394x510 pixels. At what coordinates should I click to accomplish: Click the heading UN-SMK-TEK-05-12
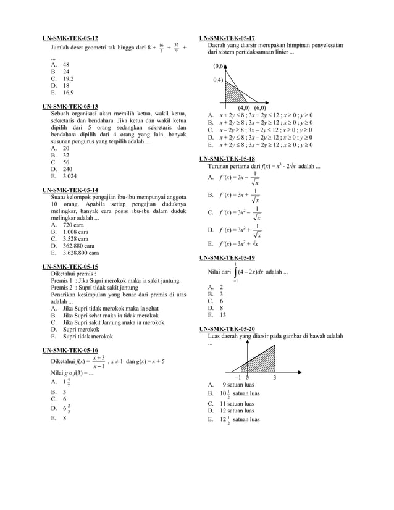[70, 38]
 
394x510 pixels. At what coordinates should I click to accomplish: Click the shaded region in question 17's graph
[232, 93]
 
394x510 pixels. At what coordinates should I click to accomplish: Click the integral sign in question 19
[236, 272]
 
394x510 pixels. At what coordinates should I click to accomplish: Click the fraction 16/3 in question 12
[161, 48]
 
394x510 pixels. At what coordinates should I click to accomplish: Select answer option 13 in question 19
[222, 314]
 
